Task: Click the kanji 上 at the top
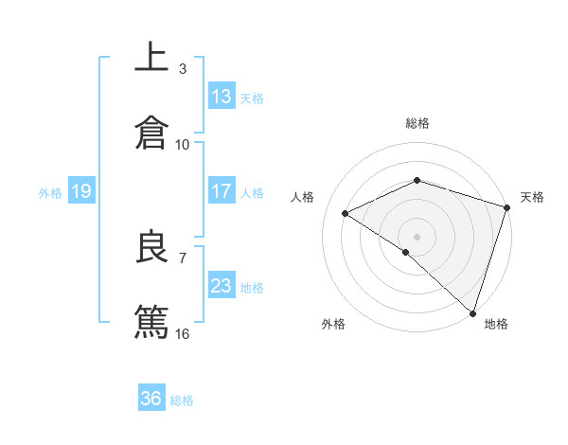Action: coord(152,57)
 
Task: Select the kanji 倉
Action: coord(152,132)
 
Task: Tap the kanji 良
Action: coord(152,247)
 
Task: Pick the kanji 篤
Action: coord(152,321)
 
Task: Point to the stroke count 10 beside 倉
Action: coord(183,144)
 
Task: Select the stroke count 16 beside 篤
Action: coord(183,333)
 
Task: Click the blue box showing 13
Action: coord(222,96)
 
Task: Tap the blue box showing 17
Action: coord(222,191)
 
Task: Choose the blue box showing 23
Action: coord(222,286)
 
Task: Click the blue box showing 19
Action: coord(81,191)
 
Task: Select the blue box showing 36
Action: coord(151,399)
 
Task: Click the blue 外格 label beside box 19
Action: coord(50,192)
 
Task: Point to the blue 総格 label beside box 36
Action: coord(183,400)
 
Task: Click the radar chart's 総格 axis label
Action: coord(417,123)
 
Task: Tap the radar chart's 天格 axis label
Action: coord(532,197)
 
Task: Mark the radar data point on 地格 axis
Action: coord(472,312)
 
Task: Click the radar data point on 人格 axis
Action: coord(346,213)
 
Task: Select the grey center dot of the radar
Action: coord(417,236)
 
